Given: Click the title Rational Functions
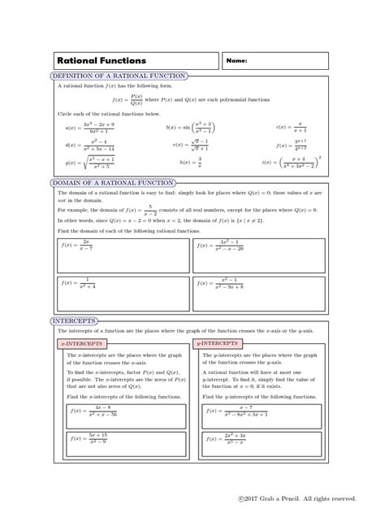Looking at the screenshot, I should pyautogui.click(x=102, y=61).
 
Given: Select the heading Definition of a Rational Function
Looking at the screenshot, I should pyautogui.click(x=119, y=76).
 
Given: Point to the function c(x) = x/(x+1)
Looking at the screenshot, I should pyautogui.click(x=292, y=127).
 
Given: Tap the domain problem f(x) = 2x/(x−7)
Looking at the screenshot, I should pyautogui.click(x=77, y=244).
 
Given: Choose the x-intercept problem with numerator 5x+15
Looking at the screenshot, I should pyautogui.click(x=93, y=439).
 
